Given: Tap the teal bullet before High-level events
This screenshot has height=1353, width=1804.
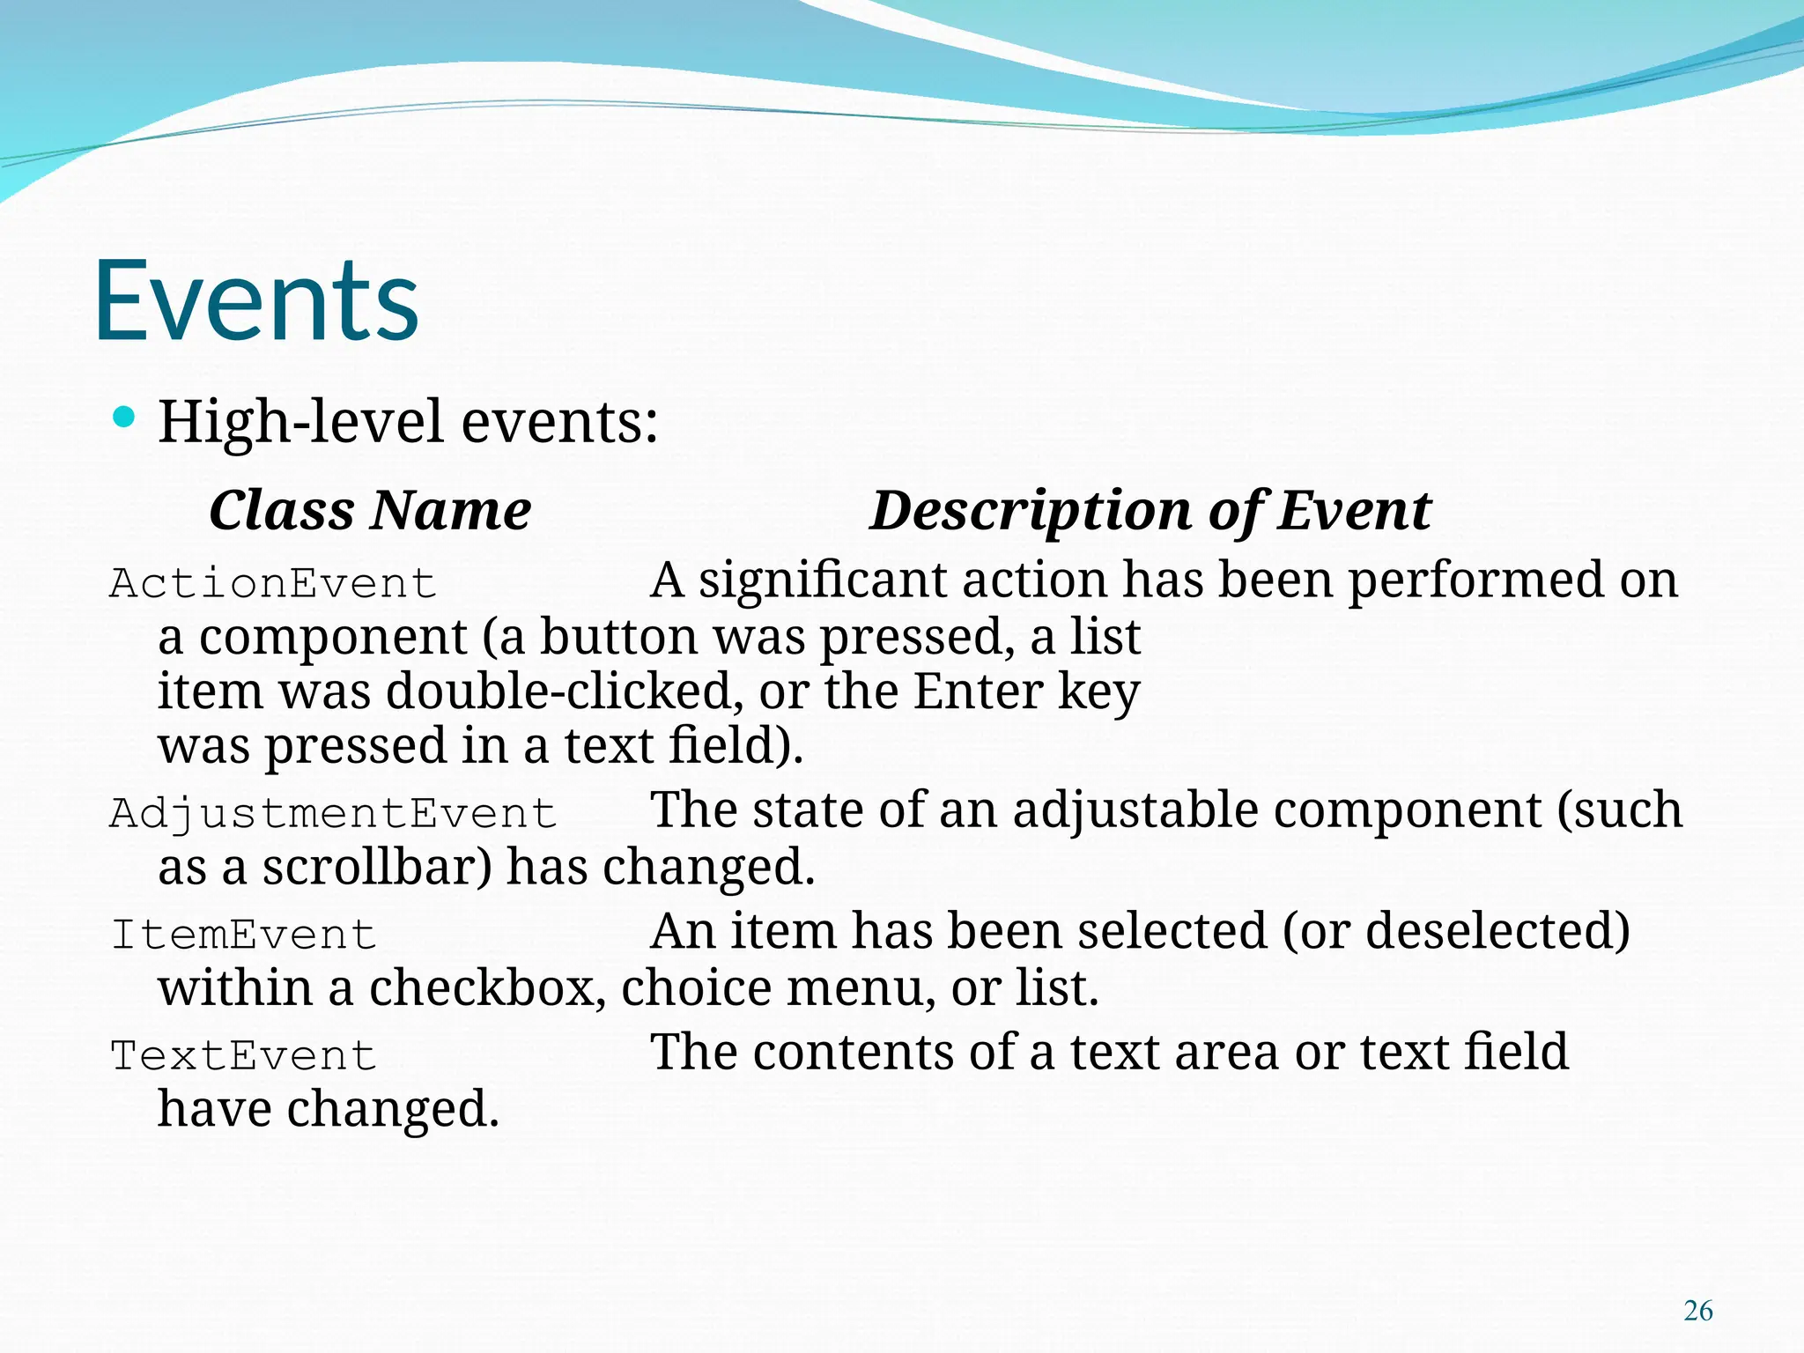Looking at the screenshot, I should (x=124, y=418).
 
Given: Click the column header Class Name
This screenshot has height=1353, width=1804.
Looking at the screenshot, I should (x=370, y=511).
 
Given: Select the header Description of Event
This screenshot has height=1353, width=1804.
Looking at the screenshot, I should (x=1150, y=511).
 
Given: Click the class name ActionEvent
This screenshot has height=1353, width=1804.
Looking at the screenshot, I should (x=273, y=584).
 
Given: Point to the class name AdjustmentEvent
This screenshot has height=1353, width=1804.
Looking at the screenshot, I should (x=333, y=813).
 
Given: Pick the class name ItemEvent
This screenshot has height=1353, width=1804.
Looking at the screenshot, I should (x=243, y=935).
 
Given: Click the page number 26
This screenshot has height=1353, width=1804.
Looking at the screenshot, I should (x=1697, y=1311).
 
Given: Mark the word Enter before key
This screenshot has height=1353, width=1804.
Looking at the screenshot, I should (x=978, y=691).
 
